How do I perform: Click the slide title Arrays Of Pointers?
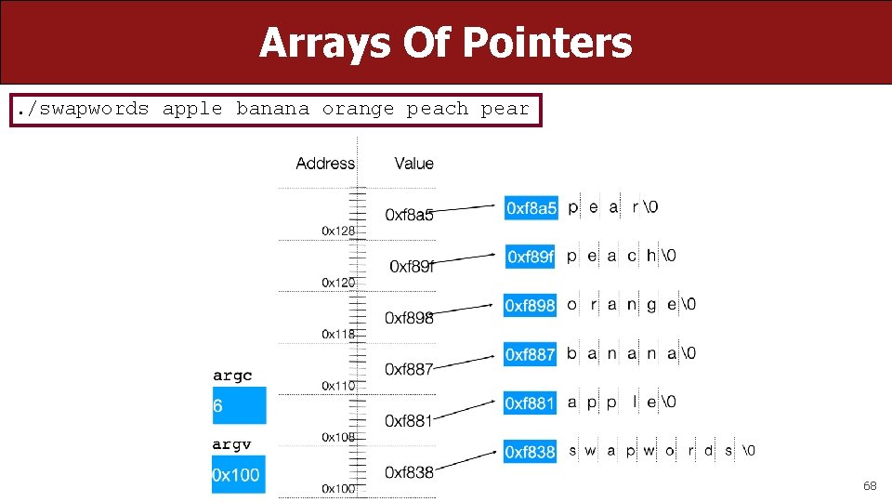click(445, 43)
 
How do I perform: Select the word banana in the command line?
click(272, 109)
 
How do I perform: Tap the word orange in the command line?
click(358, 109)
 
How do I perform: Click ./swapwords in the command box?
click(81, 109)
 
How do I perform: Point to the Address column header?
click(325, 164)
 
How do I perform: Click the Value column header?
click(413, 164)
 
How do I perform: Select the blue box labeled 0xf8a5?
click(531, 208)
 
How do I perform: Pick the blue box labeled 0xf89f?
click(530, 256)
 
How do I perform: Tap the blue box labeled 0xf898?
click(530, 305)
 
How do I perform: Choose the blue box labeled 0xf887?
click(530, 354)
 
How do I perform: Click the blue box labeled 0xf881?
click(530, 403)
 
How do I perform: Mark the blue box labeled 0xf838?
click(530, 452)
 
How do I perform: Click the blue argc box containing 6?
click(239, 406)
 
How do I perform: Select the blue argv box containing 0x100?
click(239, 475)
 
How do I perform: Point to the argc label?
click(232, 376)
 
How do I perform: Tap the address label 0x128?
click(338, 231)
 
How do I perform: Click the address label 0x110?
click(338, 385)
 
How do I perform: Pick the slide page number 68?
click(870, 485)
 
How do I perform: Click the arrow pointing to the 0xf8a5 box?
click(465, 209)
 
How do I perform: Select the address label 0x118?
click(338, 333)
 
